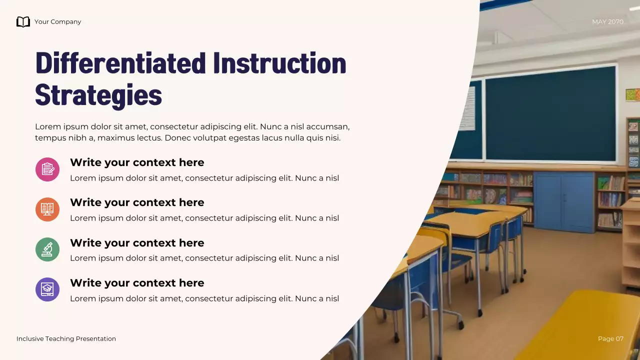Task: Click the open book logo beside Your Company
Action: [x=23, y=21]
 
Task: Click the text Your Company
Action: [x=57, y=21]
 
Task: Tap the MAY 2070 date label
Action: [x=607, y=21]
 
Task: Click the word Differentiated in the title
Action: [x=120, y=63]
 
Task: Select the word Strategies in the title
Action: [x=98, y=94]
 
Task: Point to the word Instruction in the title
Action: [x=279, y=63]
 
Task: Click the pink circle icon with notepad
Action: [x=47, y=169]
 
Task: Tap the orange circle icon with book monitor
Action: [x=47, y=209]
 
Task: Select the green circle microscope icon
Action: [x=47, y=249]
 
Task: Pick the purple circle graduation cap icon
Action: [x=47, y=289]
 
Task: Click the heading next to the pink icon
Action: [x=137, y=162]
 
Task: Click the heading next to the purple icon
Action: [x=137, y=283]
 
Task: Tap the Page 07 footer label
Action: [x=610, y=338]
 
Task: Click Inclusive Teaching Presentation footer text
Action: [x=66, y=338]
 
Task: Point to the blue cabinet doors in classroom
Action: [x=563, y=201]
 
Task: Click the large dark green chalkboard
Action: [x=550, y=114]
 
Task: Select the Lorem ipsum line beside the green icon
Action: [x=204, y=258]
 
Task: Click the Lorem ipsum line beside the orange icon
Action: [x=204, y=218]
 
